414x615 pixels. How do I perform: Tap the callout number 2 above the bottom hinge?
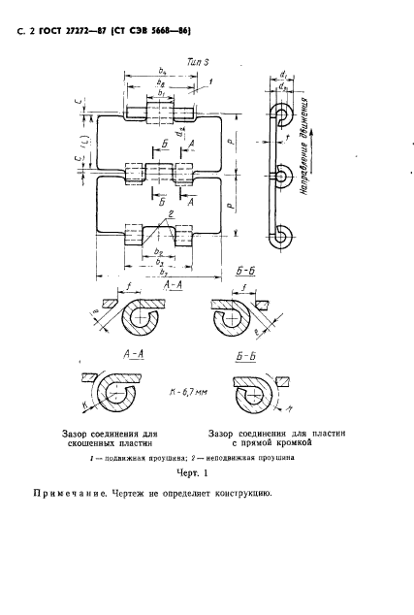coord(170,212)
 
